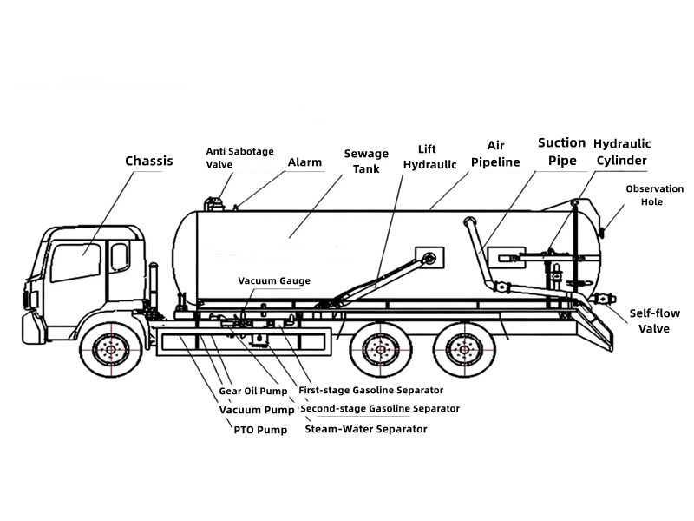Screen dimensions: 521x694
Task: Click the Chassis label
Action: click(149, 161)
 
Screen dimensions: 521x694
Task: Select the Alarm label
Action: click(304, 162)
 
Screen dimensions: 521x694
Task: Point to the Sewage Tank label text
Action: click(366, 161)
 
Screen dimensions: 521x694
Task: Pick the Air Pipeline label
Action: click(495, 154)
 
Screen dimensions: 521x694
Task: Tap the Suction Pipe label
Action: click(561, 151)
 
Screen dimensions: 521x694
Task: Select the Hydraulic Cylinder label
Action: click(622, 151)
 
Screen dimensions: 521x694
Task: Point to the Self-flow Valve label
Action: click(654, 320)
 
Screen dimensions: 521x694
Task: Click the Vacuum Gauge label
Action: click(274, 280)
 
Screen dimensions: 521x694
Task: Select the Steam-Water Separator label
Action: click(365, 429)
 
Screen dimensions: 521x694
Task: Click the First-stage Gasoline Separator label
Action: click(370, 390)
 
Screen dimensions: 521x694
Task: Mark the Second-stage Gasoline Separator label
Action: click(380, 408)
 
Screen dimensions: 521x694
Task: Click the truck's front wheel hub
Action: click(111, 350)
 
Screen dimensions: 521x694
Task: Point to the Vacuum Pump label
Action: click(257, 410)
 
